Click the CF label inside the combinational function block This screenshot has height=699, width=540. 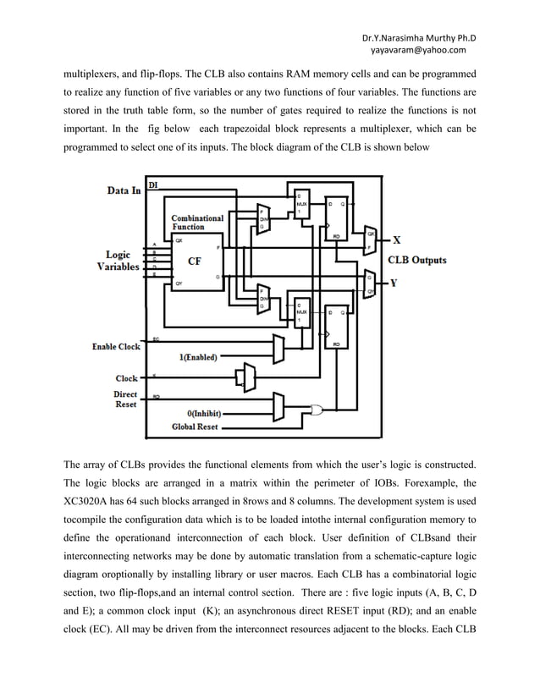tap(194, 261)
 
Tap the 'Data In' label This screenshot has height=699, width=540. tap(124, 190)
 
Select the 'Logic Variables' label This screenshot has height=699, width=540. tap(118, 260)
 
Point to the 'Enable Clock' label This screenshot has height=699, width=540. tap(116, 347)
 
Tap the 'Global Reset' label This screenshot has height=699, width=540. tap(195, 427)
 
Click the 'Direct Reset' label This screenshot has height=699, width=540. tap(125, 399)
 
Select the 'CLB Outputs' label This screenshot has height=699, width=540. tap(417, 260)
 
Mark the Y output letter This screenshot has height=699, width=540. tap(394, 283)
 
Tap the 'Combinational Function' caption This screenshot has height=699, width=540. tap(197, 223)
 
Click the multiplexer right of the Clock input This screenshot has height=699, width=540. tap(246, 377)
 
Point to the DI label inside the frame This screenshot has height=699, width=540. tap(152, 184)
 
